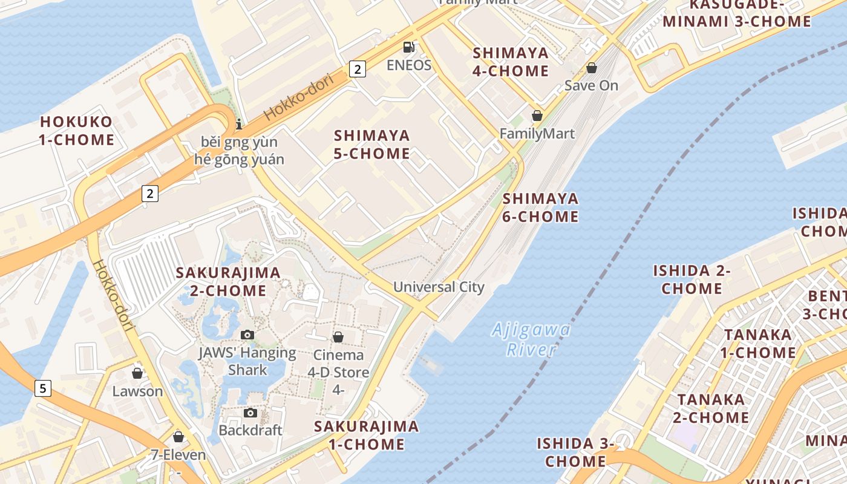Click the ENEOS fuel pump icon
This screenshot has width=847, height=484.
409,47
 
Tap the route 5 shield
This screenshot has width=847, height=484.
42,388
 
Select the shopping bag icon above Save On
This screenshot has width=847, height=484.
592,68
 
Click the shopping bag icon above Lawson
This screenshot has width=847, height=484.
137,373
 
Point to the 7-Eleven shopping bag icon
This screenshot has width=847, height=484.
178,437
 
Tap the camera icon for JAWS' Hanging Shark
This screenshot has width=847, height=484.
247,335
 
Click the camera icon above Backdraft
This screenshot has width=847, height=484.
250,413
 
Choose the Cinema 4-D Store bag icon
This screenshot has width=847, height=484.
338,337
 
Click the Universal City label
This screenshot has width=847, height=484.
439,287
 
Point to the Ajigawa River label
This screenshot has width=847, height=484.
531,339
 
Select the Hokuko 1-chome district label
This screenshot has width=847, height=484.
76,131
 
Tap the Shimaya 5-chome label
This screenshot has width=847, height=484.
372,144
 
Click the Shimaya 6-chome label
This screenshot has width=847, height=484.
540,207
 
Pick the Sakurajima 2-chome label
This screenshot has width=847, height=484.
228,281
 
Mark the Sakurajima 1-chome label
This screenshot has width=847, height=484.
366,435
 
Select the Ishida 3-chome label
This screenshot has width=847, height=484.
575,453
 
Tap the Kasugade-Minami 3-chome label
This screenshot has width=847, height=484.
737,13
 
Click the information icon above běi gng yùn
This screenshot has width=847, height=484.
239,124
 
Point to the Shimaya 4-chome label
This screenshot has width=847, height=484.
511,62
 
